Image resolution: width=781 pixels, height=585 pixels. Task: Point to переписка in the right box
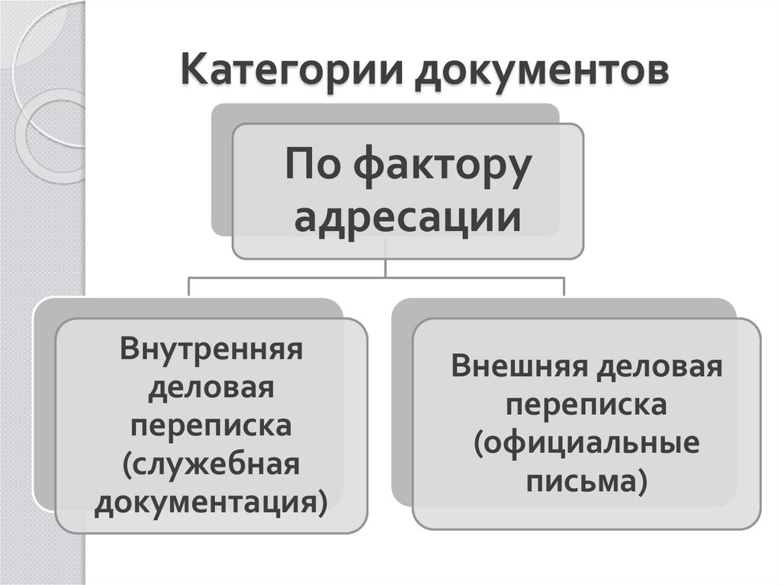point(587,406)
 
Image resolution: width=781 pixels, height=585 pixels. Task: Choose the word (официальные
point(587,444)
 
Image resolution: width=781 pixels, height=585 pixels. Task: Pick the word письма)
point(587,482)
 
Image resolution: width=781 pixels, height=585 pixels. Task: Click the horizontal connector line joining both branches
point(290,278)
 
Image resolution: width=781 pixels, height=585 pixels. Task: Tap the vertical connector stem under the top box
point(387,267)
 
